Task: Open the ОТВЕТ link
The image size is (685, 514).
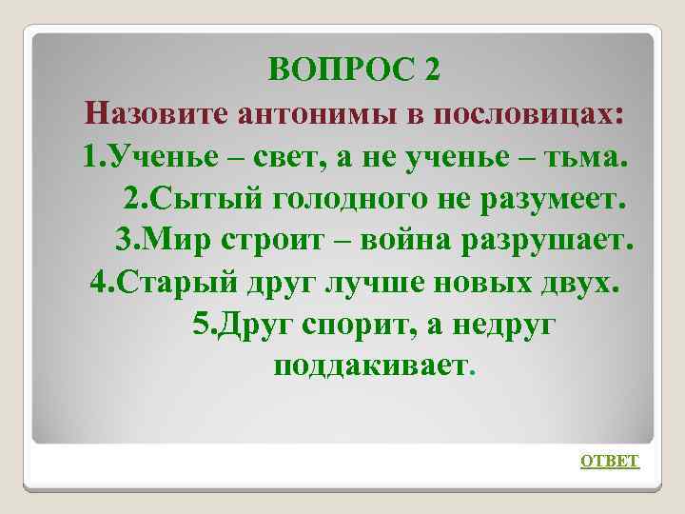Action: point(610,461)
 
